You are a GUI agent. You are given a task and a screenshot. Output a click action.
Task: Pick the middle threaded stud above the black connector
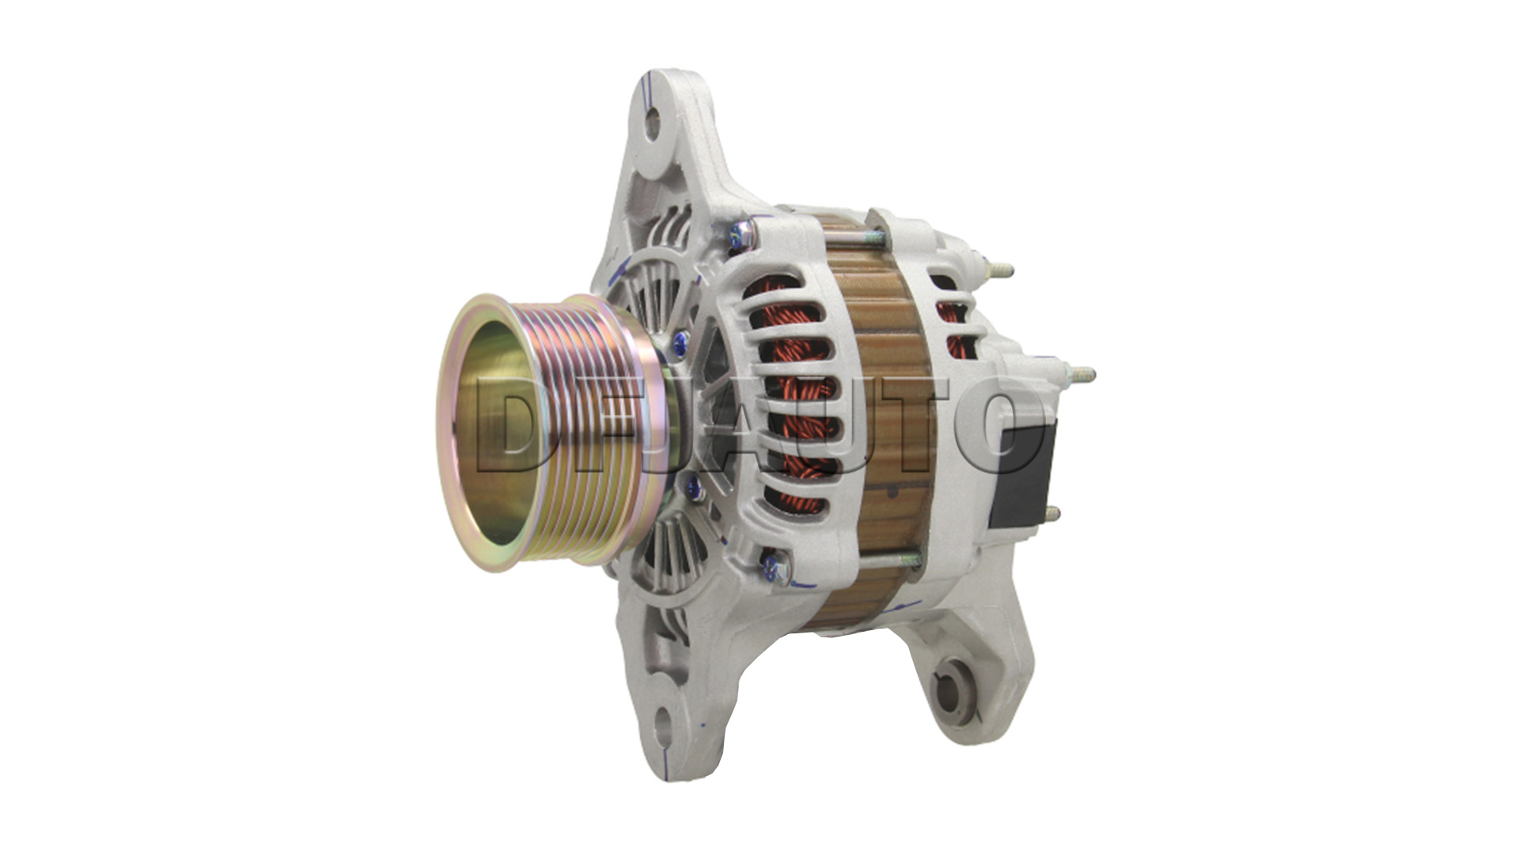[1077, 372]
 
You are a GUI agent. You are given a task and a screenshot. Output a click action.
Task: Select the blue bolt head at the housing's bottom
[769, 564]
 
